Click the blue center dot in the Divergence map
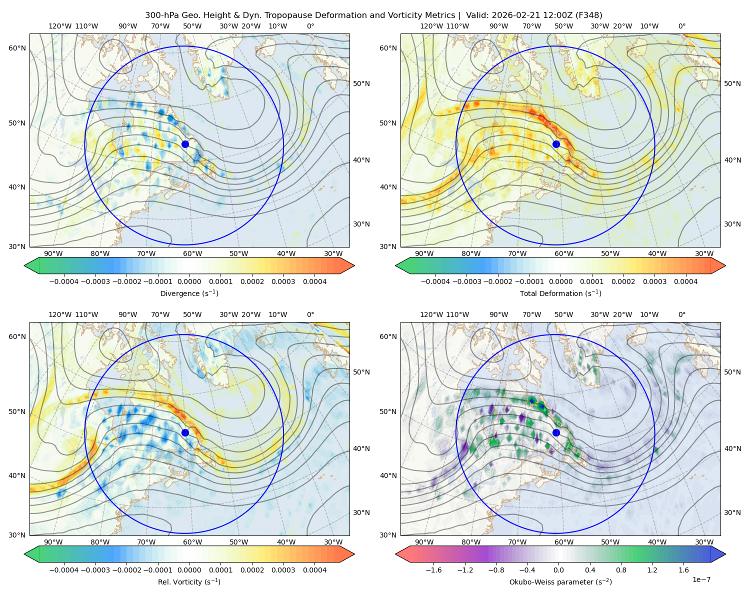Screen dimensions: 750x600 click(x=185, y=144)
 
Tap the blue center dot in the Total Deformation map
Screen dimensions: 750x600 click(x=556, y=144)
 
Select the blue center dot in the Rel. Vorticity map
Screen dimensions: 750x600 click(x=185, y=432)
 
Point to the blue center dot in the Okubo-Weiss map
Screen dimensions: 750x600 click(x=556, y=432)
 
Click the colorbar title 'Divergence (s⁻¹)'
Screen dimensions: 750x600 click(x=189, y=293)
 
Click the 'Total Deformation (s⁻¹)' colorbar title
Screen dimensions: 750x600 click(x=560, y=293)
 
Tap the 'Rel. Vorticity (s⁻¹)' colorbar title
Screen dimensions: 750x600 click(x=189, y=581)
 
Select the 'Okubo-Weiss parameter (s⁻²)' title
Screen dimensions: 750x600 click(x=560, y=581)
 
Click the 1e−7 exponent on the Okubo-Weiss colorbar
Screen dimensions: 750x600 click(x=701, y=579)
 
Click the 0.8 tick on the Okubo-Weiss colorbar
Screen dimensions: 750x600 click(x=621, y=569)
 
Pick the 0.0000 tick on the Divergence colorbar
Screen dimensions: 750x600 click(x=189, y=281)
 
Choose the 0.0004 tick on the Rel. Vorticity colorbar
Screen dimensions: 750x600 click(x=314, y=569)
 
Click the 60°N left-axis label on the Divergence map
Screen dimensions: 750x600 click(x=17, y=48)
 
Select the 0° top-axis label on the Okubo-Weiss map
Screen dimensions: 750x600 click(x=681, y=314)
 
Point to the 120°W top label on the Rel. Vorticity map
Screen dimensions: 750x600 click(x=60, y=314)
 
